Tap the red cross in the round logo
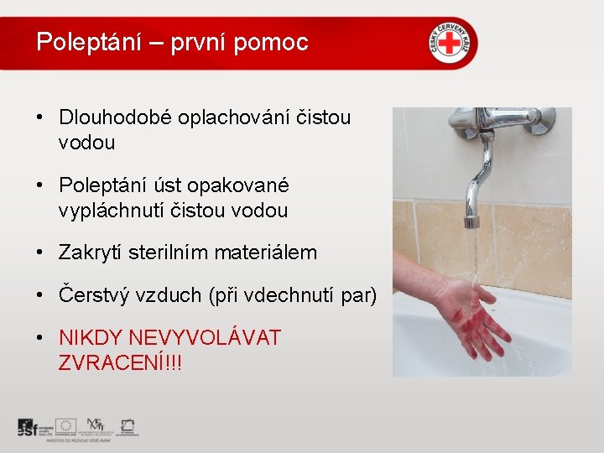pos(451,41)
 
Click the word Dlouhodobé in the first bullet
pos(115,117)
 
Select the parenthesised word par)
pos(359,295)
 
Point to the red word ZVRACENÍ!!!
pos(120,363)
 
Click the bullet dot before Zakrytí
pos(40,252)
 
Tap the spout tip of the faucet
pos(472,222)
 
